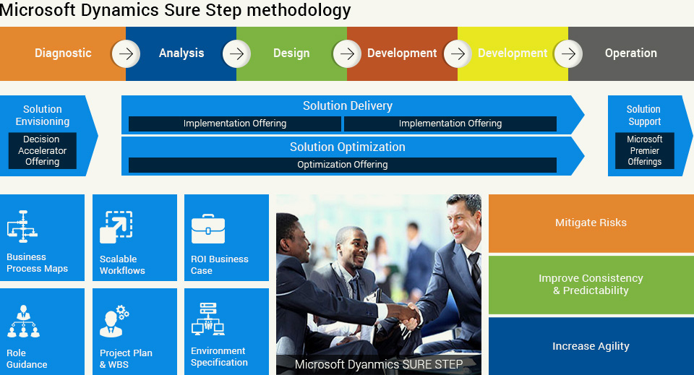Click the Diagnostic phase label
(x=63, y=53)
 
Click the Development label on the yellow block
(x=513, y=53)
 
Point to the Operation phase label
(x=630, y=53)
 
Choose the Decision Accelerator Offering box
(x=43, y=150)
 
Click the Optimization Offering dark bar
(x=343, y=165)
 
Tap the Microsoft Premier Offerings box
(x=644, y=150)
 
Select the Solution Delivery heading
(x=348, y=105)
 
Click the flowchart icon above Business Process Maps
(x=22, y=226)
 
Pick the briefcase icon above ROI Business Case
(x=208, y=228)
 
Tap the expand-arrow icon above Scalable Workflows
(x=116, y=228)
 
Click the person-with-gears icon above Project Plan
(x=114, y=321)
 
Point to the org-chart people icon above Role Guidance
(x=23, y=322)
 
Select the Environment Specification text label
(x=219, y=356)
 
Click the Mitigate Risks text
(x=591, y=223)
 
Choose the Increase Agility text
(x=591, y=346)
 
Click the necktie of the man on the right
(x=475, y=268)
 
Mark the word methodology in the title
(x=299, y=9)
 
